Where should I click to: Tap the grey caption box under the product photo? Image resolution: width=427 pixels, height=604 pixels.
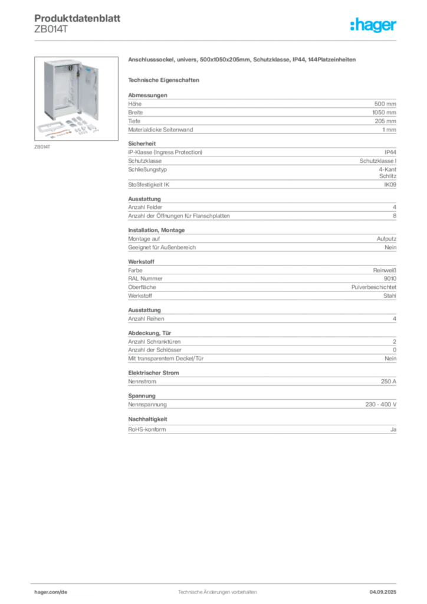pos(42,147)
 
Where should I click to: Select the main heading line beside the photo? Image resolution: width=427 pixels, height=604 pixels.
pos(242,61)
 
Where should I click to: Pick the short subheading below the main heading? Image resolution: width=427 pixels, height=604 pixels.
pos(165,79)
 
